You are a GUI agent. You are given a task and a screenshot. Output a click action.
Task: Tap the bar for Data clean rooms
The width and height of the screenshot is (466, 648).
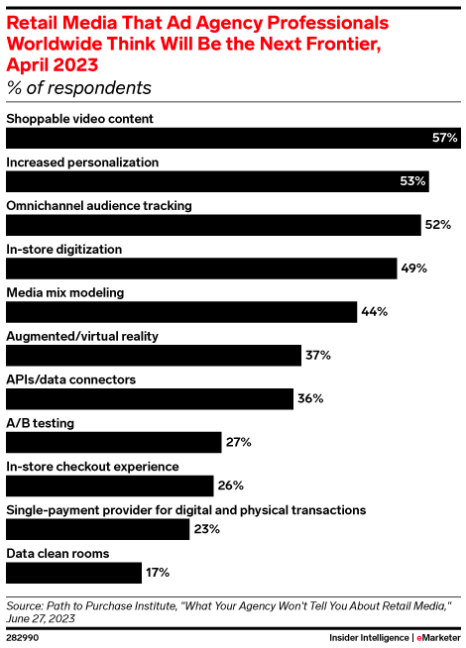[74, 572]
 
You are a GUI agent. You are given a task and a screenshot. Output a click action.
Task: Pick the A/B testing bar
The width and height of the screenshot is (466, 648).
[114, 442]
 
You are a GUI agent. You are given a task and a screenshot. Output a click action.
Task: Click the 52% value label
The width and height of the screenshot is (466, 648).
[438, 225]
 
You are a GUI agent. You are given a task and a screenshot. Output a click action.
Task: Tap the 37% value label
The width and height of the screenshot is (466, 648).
[317, 355]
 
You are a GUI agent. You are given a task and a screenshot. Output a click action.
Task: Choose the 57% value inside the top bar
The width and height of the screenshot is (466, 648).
[443, 139]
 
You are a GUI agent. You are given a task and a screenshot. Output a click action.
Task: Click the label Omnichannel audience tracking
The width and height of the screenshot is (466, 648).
[99, 205]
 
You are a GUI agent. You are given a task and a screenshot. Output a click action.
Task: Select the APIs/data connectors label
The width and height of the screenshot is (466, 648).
[71, 378]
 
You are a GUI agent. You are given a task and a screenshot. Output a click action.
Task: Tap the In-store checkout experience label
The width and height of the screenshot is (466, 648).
[92, 466]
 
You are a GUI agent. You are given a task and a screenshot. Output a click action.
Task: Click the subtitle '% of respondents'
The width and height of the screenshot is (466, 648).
[78, 88]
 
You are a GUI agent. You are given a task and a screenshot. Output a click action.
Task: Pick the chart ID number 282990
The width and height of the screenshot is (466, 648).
[25, 639]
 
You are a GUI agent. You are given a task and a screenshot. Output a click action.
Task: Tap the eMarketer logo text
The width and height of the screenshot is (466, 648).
[437, 639]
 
